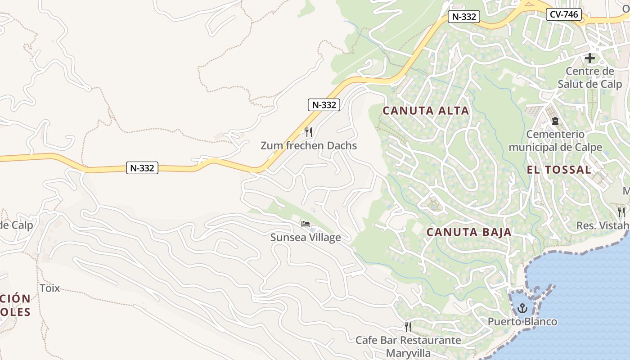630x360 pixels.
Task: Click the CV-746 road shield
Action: (564, 14)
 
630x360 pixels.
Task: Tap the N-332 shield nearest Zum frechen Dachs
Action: (324, 105)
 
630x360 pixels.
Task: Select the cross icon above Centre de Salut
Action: (589, 58)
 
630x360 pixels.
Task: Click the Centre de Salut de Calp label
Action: (590, 77)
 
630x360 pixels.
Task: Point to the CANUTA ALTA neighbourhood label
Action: (426, 111)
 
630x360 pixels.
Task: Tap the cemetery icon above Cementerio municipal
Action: (555, 121)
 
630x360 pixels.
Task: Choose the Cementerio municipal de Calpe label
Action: (555, 141)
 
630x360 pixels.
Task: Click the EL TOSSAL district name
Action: (559, 170)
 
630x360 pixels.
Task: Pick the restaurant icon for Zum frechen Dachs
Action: (308, 132)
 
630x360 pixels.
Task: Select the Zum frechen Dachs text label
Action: (309, 145)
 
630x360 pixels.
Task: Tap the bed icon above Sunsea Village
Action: (306, 224)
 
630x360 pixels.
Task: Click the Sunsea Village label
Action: (306, 237)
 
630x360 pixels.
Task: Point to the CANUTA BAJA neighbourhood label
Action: (469, 232)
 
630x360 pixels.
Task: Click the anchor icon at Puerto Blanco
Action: (522, 308)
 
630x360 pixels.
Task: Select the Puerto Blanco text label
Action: (522, 322)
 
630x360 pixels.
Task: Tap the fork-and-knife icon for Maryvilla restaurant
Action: (408, 327)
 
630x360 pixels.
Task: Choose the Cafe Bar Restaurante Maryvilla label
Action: (408, 346)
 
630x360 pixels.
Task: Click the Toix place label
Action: (50, 288)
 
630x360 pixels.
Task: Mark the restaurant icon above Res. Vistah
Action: (622, 212)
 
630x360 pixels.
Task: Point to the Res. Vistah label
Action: (603, 225)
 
